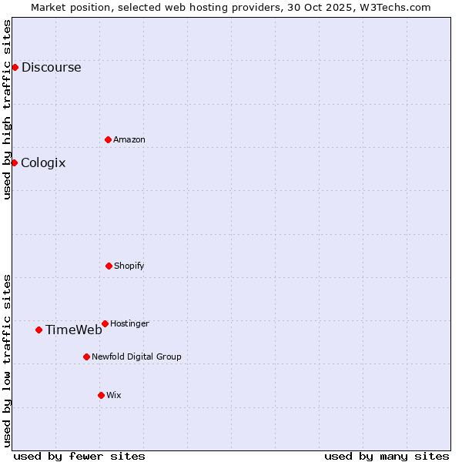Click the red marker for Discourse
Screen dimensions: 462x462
point(15,67)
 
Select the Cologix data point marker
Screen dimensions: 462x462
point(14,162)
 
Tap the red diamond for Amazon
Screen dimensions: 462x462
point(108,139)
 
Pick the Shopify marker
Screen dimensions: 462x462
point(109,266)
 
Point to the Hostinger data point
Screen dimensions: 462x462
point(105,323)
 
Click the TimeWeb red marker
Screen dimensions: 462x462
point(38,330)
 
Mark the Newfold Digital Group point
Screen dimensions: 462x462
point(86,357)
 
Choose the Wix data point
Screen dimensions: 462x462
point(101,395)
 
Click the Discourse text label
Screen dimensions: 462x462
point(51,67)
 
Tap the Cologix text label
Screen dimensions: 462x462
point(43,162)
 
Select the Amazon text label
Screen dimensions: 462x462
point(129,139)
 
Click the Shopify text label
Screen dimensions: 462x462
point(129,266)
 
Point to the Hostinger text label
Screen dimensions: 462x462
point(129,323)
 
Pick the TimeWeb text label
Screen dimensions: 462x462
point(73,330)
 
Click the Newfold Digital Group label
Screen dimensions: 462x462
point(136,357)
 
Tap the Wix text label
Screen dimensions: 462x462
point(114,395)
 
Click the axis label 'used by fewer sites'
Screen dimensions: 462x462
point(79,456)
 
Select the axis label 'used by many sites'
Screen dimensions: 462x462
point(387,456)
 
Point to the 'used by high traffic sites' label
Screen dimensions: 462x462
point(7,109)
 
